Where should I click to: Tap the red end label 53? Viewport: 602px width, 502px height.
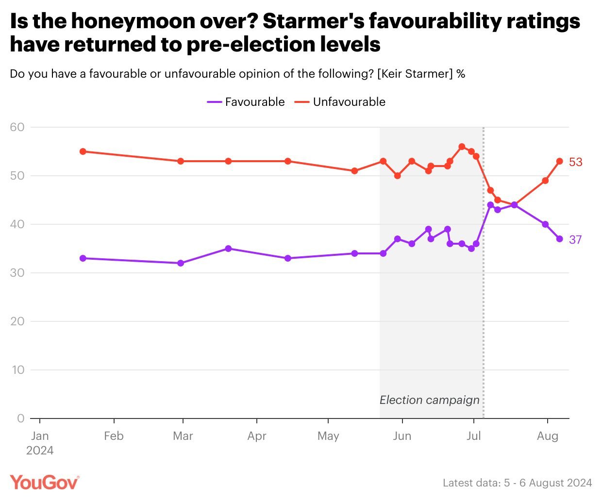(575, 162)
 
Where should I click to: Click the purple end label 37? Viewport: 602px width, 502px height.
(575, 240)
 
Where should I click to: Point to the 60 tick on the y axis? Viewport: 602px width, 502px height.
(17, 127)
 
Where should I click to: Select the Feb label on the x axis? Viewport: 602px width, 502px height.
(114, 436)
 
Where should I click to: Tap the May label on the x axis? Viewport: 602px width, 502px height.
(328, 436)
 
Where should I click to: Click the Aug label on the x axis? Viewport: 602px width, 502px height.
(548, 436)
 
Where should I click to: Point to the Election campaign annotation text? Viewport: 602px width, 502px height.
(429, 400)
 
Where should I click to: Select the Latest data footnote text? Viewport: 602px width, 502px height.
(517, 483)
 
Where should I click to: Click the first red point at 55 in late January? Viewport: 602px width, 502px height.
(83, 151)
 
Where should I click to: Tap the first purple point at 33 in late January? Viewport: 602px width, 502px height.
(83, 258)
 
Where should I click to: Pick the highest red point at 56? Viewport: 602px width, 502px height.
(462, 147)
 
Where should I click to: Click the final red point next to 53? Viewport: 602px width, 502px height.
(560, 161)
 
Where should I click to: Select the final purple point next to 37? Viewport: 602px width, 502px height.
(560, 239)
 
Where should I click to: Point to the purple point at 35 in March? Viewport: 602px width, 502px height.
(229, 249)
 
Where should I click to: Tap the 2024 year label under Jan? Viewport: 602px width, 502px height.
(40, 451)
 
